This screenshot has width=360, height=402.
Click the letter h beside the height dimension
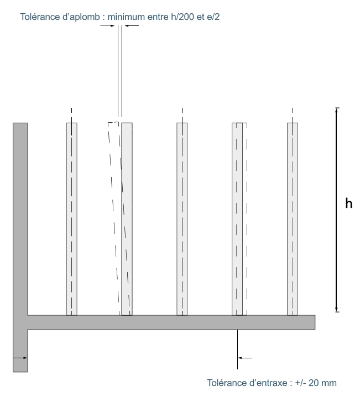point(349,203)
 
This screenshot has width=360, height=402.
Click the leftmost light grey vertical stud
point(71,218)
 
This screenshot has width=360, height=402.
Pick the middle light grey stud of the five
point(182,218)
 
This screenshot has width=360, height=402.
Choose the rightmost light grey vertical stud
point(293,218)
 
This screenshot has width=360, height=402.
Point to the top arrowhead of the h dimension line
point(337,111)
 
